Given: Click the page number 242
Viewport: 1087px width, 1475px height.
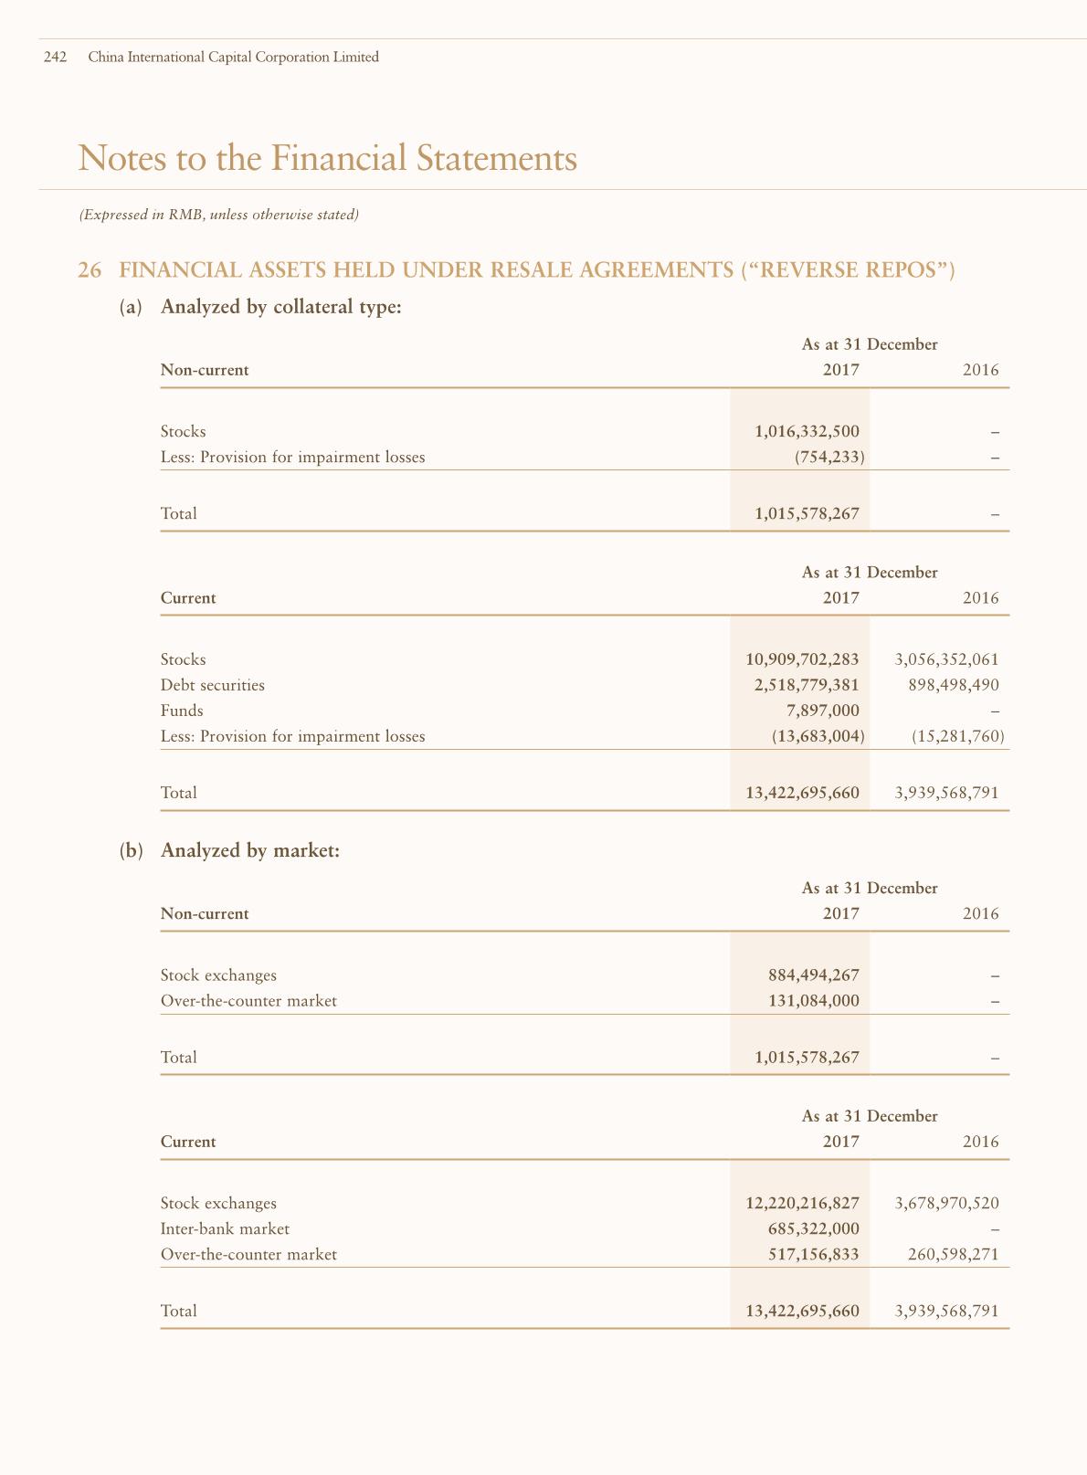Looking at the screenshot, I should tap(55, 58).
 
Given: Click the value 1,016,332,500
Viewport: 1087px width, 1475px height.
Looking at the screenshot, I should tap(807, 431).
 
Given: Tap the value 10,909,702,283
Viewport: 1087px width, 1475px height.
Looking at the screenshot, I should tap(802, 659).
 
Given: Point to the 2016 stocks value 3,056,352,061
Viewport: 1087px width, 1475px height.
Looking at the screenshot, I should tap(947, 659).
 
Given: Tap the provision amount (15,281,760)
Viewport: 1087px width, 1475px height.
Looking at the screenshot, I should tap(958, 736).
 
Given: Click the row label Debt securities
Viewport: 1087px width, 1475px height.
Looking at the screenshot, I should tap(212, 685).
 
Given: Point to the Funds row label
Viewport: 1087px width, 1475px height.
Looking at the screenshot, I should tap(182, 711).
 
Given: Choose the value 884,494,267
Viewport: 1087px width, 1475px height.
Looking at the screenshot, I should tap(813, 975).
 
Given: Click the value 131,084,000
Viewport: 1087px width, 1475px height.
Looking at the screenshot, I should tap(813, 1001).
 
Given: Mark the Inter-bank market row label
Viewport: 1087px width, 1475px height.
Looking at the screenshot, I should tap(225, 1229).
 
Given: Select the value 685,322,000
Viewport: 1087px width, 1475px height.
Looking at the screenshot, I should tap(813, 1229).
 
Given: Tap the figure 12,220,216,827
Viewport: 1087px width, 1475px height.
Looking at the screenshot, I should tap(802, 1204).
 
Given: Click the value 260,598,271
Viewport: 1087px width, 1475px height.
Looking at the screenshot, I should tap(954, 1255).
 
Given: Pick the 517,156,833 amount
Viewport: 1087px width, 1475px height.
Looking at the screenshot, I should tap(813, 1255).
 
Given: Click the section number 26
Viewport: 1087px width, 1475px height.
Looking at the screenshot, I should tap(89, 270).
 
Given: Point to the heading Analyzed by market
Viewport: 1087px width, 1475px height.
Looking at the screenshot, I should tap(249, 850).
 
